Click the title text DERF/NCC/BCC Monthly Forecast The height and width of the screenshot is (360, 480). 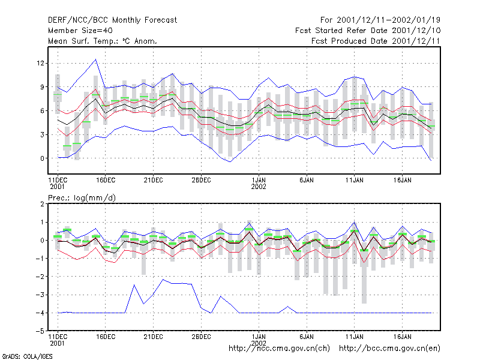112,20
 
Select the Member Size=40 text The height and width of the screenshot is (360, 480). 80,31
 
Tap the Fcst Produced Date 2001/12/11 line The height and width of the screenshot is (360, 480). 376,41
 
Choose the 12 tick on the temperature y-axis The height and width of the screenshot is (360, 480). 40,63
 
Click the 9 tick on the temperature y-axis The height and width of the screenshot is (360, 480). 42,87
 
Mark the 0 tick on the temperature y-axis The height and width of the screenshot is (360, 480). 42,158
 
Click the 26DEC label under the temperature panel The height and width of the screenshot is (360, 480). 201,180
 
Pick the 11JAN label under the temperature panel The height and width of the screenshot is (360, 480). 355,180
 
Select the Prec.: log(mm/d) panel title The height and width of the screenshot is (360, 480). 82,198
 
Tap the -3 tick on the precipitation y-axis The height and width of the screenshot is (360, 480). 40,295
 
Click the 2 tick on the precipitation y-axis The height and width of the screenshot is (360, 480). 42,204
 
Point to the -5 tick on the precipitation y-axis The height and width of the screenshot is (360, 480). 40,331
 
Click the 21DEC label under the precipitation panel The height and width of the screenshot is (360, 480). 153,337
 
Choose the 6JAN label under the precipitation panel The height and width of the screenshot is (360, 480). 307,337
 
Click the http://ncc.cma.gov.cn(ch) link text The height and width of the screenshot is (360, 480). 279,349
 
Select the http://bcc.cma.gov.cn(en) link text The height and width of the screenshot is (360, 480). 389,349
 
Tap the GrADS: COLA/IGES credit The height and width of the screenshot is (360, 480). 27,356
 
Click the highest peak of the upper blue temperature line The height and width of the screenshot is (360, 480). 96,59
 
